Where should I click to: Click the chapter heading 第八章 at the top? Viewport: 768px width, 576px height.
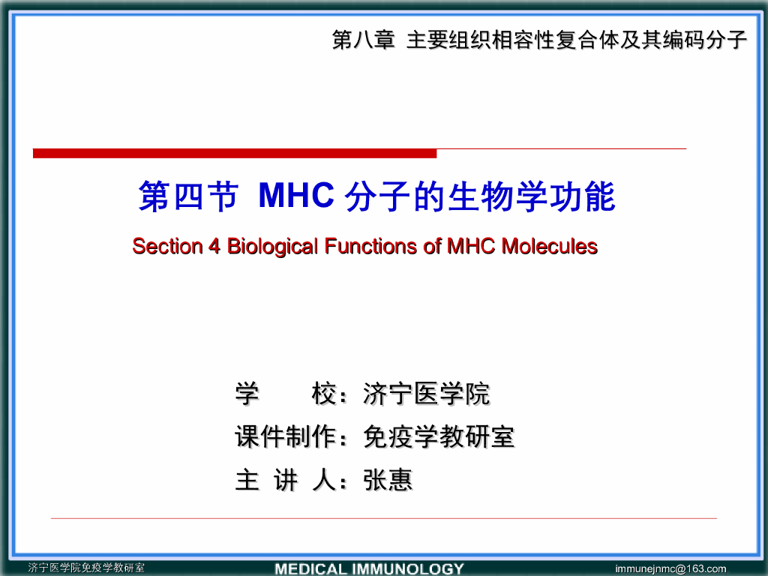coord(363,40)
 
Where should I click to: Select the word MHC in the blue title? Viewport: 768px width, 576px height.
coord(295,196)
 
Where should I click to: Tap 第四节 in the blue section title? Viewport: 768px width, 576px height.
coord(188,197)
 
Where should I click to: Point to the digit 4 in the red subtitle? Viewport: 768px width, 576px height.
coord(214,246)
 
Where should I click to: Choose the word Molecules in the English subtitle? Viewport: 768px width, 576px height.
coord(549,246)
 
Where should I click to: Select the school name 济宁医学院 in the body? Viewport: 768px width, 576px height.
coord(426,394)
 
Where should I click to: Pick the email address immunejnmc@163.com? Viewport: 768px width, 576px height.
coord(670,568)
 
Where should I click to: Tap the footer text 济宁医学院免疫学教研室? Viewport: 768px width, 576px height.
coord(86,568)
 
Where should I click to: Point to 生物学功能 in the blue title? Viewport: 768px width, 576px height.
coord(531,197)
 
